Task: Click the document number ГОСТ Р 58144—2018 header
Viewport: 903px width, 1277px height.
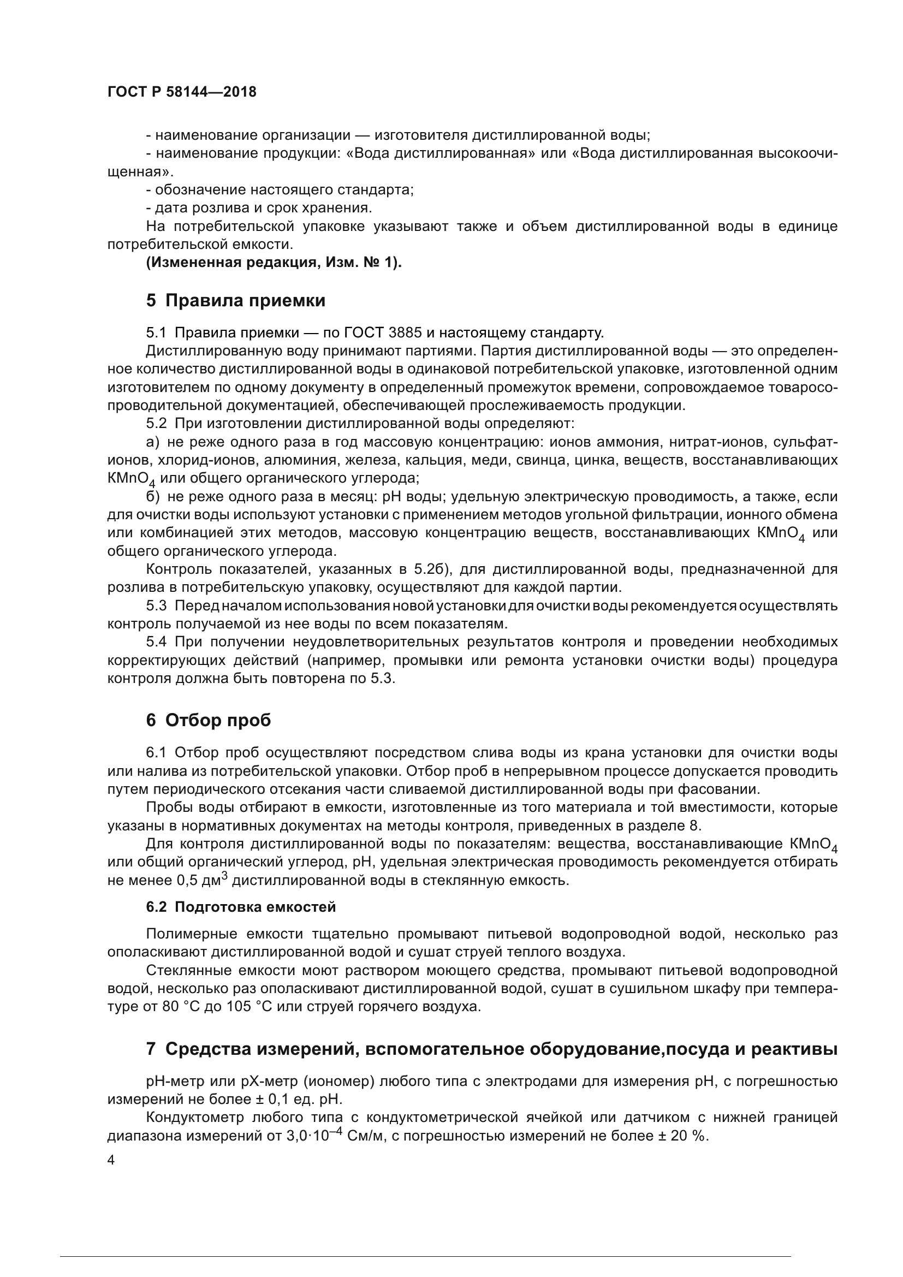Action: click(182, 92)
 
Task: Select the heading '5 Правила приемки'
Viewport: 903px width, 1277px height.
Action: click(236, 301)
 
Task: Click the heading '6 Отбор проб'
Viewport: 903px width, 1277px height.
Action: click(209, 720)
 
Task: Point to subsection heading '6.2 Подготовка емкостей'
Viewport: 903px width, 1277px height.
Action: click(241, 907)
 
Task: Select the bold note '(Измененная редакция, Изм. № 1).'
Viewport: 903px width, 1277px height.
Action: click(274, 263)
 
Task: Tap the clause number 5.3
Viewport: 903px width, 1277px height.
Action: click(156, 605)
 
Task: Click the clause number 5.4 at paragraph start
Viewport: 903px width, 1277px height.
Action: click(156, 643)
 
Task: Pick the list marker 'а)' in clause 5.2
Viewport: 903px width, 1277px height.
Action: click(153, 443)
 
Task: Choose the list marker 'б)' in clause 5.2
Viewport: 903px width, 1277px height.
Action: click(153, 497)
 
